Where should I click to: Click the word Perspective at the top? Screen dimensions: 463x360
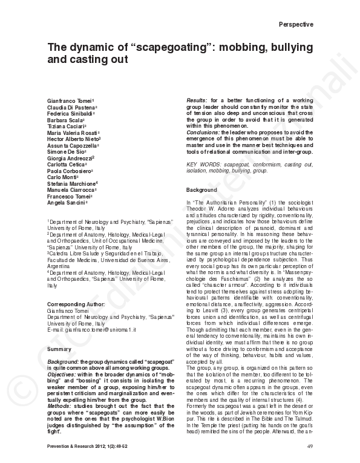(x=296, y=24)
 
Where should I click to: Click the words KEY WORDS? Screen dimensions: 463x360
(x=203, y=164)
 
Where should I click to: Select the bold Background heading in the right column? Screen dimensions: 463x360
(x=201, y=191)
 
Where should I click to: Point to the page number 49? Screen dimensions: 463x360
(x=310, y=446)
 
